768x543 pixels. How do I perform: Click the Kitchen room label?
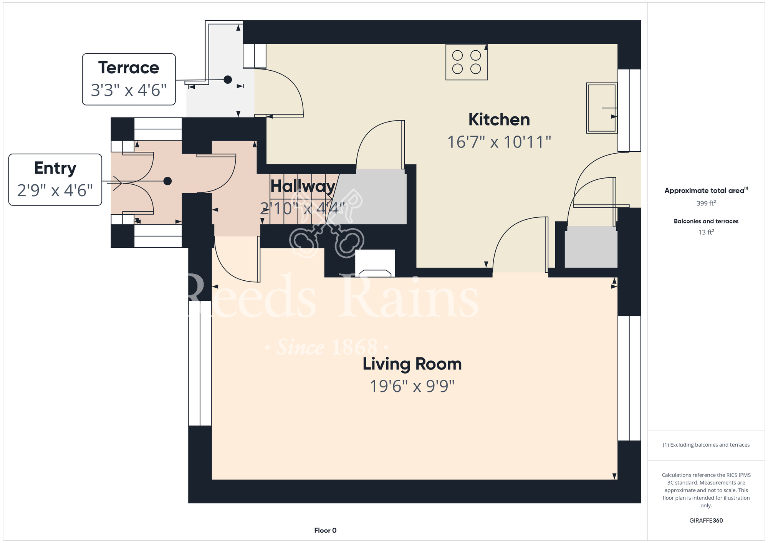click(499, 119)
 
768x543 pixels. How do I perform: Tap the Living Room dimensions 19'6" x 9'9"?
click(412, 386)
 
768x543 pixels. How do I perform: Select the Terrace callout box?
click(129, 79)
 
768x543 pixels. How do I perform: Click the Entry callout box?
click(55, 180)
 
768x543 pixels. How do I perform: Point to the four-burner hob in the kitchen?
click(467, 62)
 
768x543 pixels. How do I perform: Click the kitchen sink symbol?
click(602, 108)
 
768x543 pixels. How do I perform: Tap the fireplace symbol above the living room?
click(375, 263)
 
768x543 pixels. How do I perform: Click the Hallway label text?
click(303, 186)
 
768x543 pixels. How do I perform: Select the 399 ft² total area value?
click(706, 203)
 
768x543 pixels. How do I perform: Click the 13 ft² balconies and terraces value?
click(706, 232)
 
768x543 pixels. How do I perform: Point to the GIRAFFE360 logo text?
click(706, 521)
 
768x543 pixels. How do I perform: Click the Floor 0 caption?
click(325, 530)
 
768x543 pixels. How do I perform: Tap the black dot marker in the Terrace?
click(228, 79)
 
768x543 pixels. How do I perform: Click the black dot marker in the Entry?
click(167, 181)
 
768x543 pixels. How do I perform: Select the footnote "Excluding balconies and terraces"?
click(706, 445)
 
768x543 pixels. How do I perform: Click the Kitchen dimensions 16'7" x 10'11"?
click(499, 142)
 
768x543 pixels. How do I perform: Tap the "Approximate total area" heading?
click(706, 190)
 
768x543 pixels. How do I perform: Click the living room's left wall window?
click(200, 363)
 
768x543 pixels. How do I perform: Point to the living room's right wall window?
click(629, 378)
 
